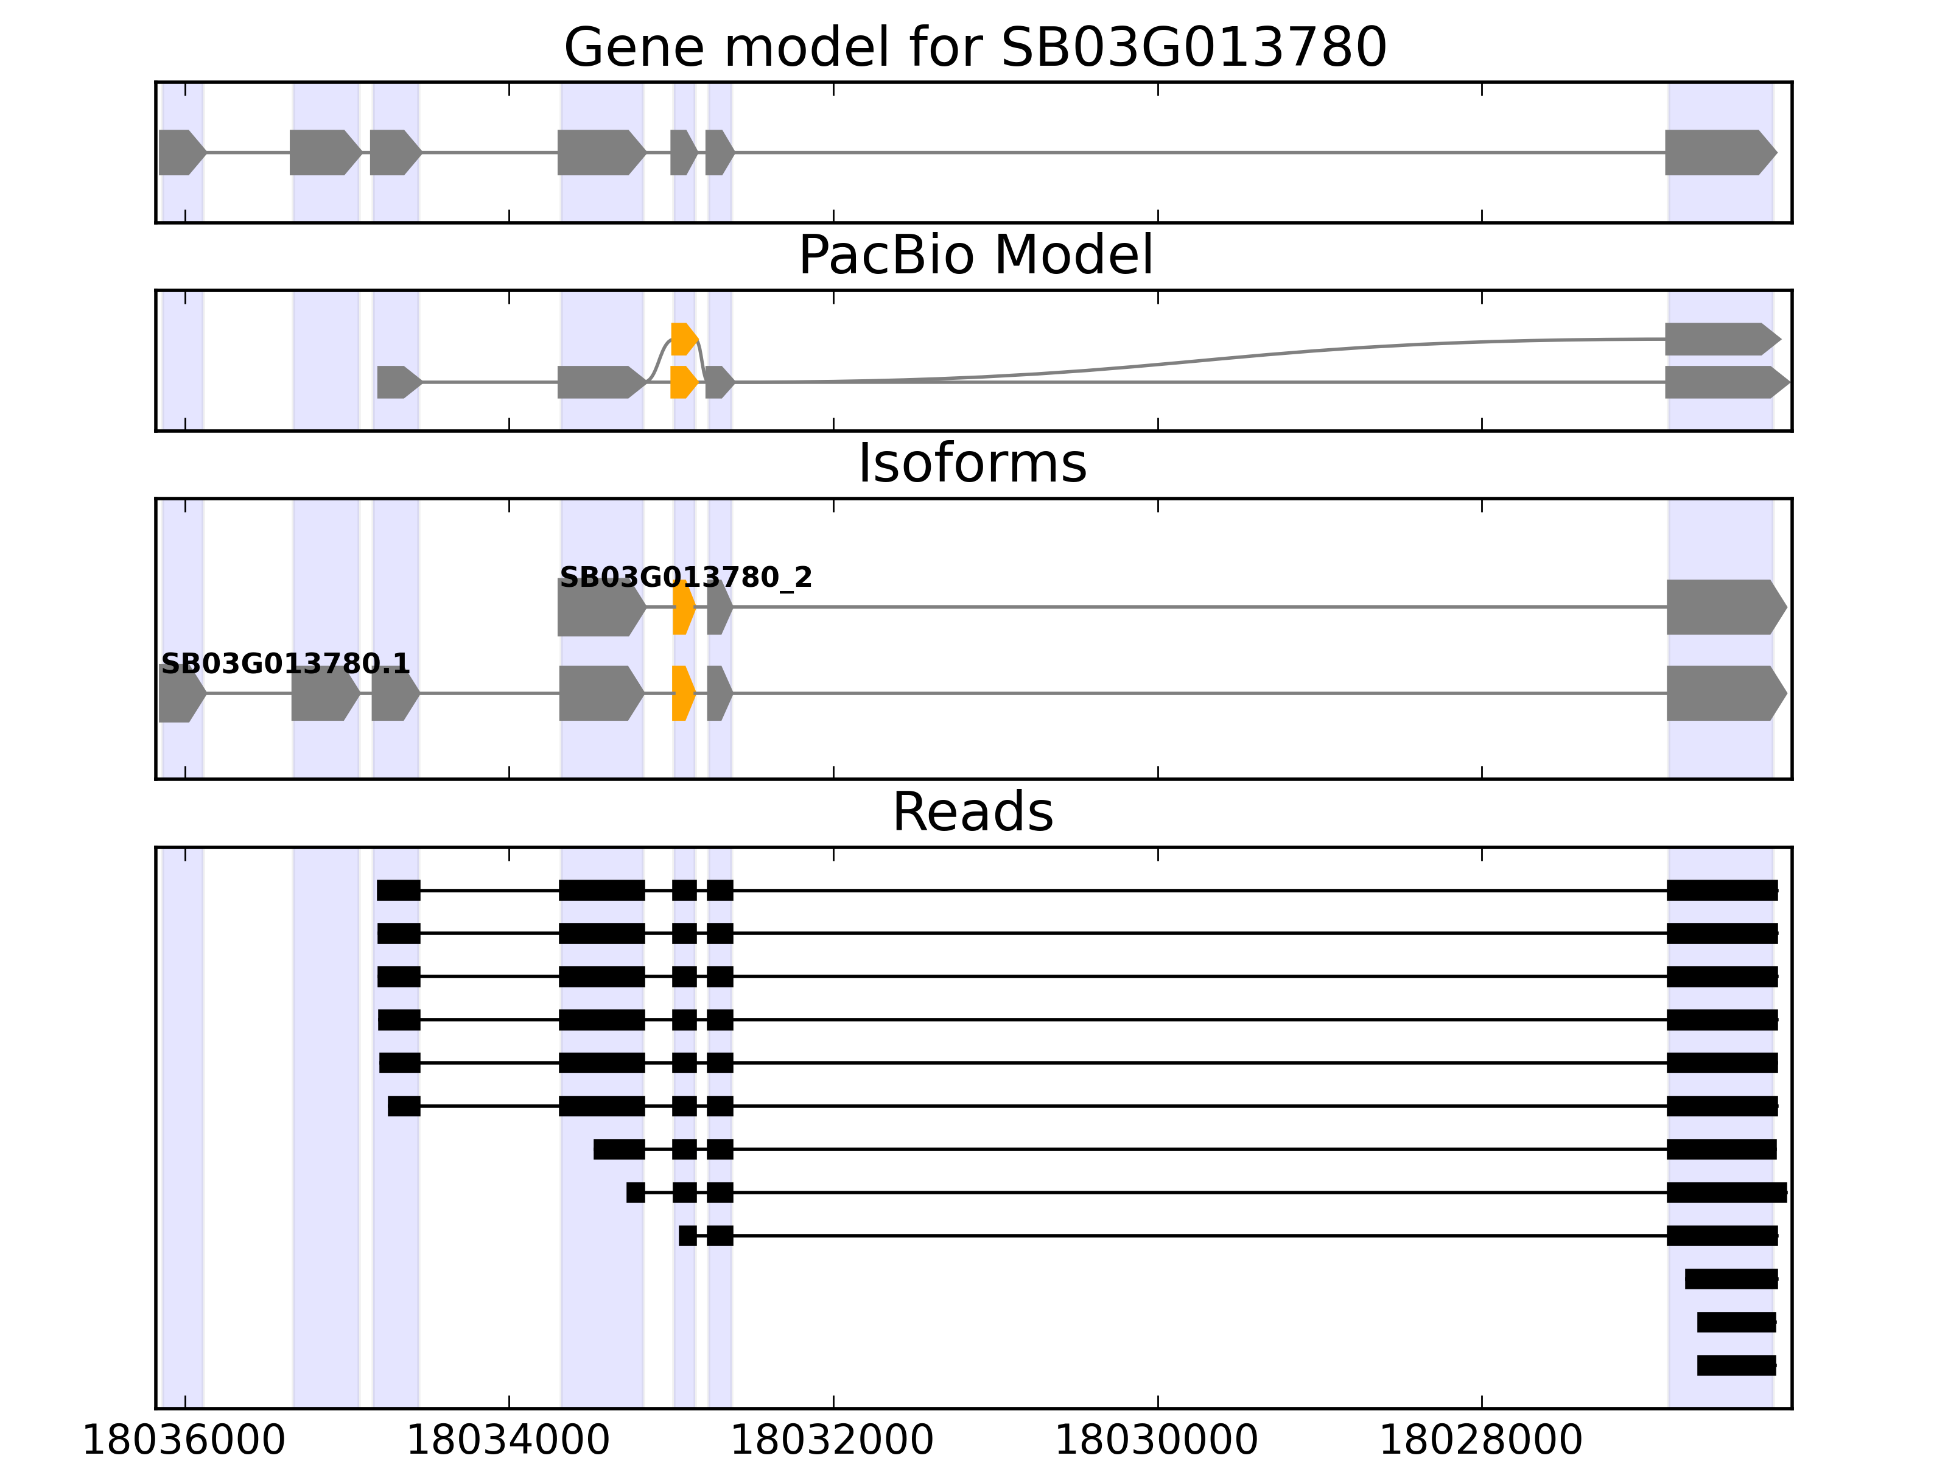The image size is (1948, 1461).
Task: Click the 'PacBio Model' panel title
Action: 974,256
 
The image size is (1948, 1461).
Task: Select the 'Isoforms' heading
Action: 972,463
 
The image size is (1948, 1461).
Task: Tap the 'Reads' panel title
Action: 972,812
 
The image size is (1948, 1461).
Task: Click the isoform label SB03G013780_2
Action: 685,578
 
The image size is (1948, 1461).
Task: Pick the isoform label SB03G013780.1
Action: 284,664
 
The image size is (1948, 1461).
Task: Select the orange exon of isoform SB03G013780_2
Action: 682,607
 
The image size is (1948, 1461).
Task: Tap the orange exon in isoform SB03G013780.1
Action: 682,693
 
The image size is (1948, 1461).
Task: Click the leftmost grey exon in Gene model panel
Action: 181,152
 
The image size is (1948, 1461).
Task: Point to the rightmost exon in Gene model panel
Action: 1717,152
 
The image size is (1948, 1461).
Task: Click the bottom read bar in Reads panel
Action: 1736,1365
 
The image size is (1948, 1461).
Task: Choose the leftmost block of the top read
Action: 398,891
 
